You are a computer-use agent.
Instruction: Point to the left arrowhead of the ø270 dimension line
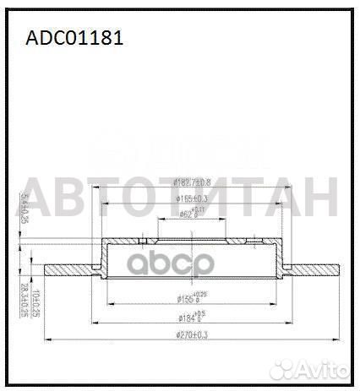coord(44,340)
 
